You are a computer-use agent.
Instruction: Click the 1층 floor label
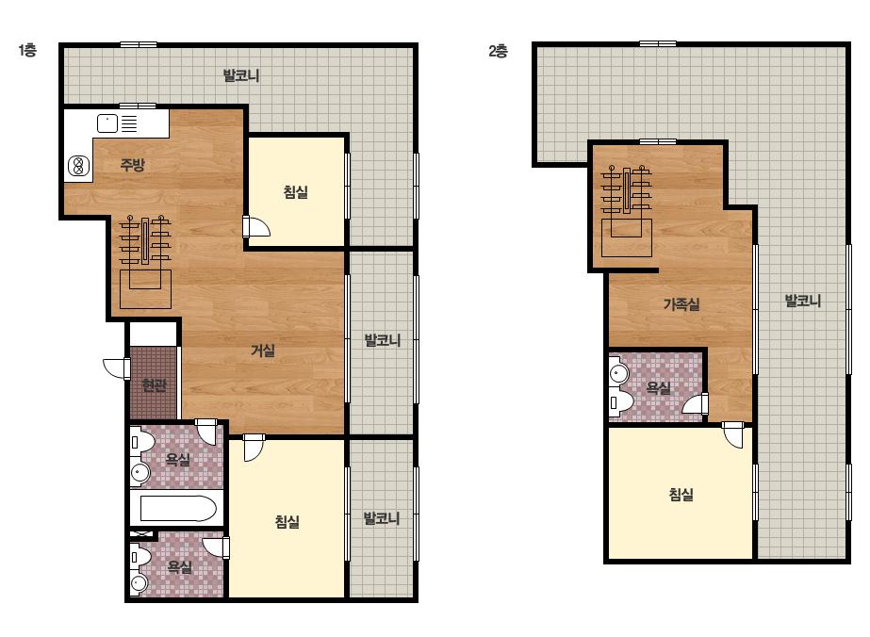click(27, 51)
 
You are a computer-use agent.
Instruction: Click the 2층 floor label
click(498, 51)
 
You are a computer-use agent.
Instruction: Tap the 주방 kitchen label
click(133, 164)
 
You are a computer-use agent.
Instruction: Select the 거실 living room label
click(263, 351)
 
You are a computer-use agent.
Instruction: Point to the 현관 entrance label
click(154, 384)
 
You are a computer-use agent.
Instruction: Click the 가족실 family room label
click(681, 303)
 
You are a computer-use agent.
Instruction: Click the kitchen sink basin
click(107, 123)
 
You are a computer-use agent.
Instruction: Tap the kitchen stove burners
click(79, 166)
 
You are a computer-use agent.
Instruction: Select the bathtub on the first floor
click(177, 508)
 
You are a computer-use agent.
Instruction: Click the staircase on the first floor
click(145, 261)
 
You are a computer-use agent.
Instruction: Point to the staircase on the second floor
click(627, 211)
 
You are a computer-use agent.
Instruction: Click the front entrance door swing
click(117, 368)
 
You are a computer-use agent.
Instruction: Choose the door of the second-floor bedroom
click(733, 434)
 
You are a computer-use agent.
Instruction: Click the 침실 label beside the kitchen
click(296, 192)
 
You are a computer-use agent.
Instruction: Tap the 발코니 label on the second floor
click(802, 301)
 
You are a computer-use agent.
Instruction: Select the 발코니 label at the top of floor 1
click(240, 74)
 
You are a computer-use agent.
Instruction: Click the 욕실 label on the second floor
click(659, 387)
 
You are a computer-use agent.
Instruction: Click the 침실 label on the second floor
click(681, 494)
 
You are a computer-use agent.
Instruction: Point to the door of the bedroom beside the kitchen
click(255, 226)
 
